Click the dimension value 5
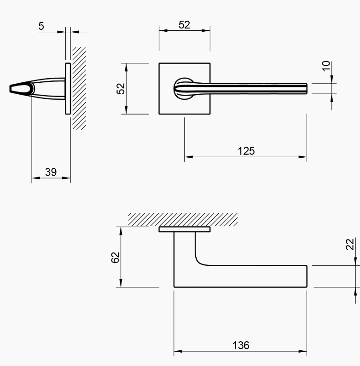click(x=41, y=26)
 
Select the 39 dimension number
click(x=51, y=172)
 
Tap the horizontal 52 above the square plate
click(x=184, y=25)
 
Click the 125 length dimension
click(x=246, y=151)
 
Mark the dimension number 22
click(x=350, y=244)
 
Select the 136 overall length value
click(x=240, y=345)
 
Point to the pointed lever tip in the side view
click(x=13, y=88)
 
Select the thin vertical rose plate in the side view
click(x=68, y=88)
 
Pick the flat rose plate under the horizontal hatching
click(x=184, y=229)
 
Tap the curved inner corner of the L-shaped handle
click(x=199, y=261)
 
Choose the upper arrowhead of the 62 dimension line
click(x=121, y=229)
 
